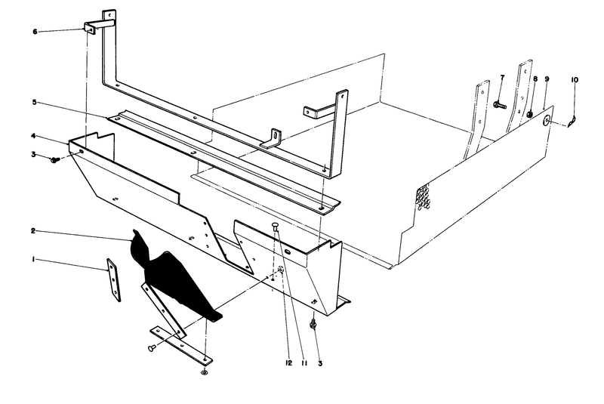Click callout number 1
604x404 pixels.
32,260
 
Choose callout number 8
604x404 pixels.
535,79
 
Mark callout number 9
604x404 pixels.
547,79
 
